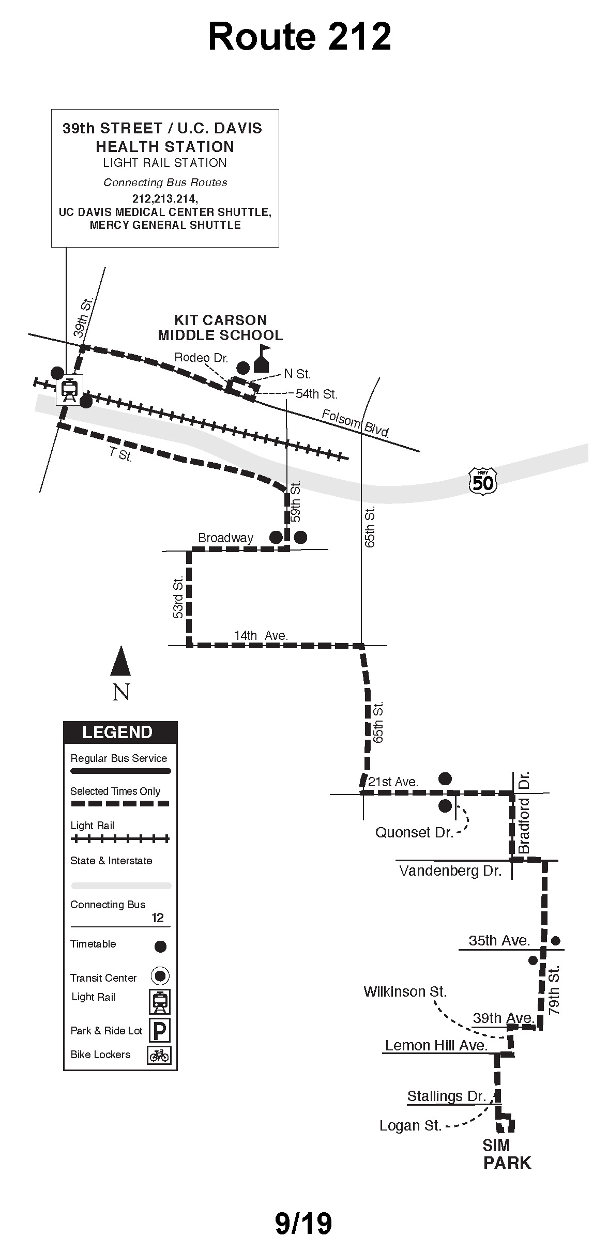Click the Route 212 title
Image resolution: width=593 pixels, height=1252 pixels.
pos(299,37)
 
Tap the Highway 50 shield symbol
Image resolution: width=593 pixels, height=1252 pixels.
pos(483,481)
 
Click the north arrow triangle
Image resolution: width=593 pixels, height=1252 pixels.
pos(120,662)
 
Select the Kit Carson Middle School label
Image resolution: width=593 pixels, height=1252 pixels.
pos(221,328)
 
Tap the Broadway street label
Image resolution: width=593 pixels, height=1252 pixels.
pos(226,538)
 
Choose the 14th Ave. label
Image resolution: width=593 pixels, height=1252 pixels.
pos(261,635)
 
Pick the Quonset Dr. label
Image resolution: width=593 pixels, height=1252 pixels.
pos(414,832)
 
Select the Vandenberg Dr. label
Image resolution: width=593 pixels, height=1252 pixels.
pos(450,871)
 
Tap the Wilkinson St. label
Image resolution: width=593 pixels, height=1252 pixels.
pos(405,991)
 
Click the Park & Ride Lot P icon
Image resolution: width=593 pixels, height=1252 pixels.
pos(160,1030)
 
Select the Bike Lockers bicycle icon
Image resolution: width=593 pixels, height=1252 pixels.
pos(159,1055)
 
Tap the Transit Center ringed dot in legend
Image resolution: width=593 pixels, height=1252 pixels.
pos(160,976)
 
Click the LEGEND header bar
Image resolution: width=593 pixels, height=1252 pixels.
pos(120,732)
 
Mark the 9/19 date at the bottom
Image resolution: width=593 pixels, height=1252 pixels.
pos(303,1223)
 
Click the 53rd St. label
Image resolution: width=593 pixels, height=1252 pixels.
pos(178,598)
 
